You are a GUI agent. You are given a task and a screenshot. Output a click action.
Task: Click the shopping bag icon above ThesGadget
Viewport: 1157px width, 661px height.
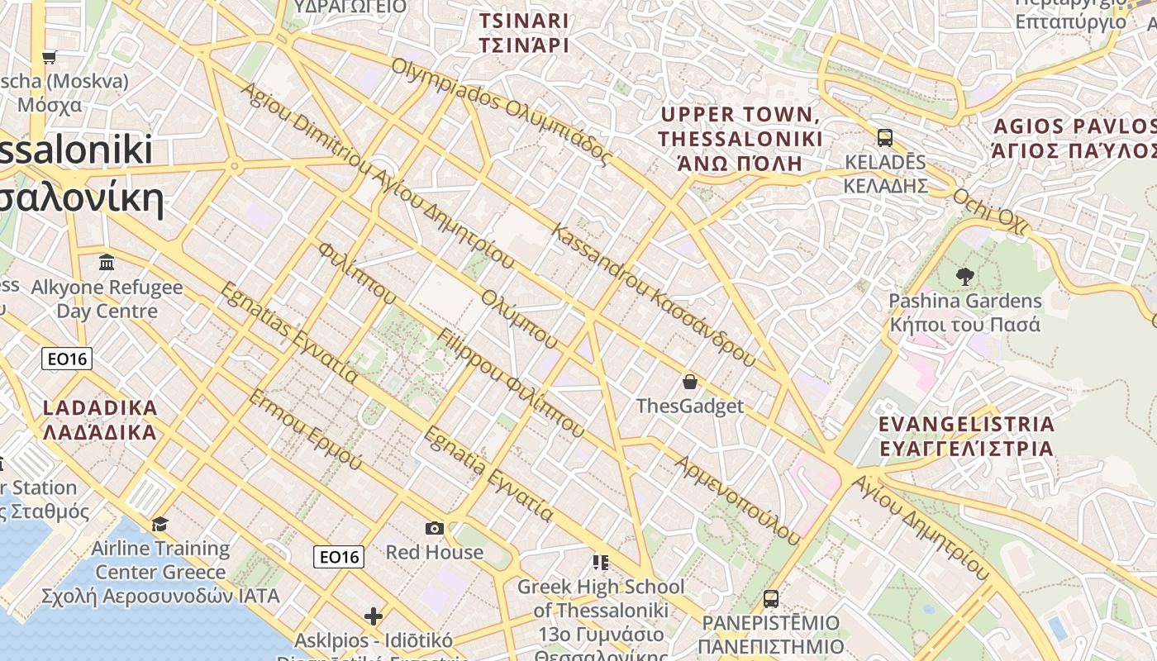click(x=690, y=382)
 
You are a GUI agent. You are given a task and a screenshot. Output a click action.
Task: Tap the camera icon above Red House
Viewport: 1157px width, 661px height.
click(x=434, y=528)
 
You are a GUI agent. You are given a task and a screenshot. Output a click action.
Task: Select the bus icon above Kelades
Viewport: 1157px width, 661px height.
click(x=884, y=137)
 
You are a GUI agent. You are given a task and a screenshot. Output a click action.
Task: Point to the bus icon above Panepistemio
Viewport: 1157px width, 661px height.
click(x=770, y=598)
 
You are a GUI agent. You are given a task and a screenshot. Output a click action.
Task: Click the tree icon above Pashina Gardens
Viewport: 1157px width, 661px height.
click(x=964, y=277)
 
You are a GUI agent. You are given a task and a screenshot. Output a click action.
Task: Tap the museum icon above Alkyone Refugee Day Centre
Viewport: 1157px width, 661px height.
click(x=107, y=263)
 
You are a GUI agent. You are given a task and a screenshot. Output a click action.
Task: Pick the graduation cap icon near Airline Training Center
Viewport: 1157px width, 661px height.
click(x=160, y=524)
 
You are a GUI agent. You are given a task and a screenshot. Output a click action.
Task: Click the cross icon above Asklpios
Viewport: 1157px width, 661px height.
click(x=374, y=616)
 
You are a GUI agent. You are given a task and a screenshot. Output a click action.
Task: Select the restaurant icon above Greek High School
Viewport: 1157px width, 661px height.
click(x=600, y=563)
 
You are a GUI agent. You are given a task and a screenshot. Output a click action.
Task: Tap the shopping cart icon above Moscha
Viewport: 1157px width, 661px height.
click(x=49, y=57)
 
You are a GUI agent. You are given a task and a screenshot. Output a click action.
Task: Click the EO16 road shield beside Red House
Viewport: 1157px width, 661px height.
click(x=339, y=557)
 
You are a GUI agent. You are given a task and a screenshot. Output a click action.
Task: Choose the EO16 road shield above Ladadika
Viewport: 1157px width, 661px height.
click(x=67, y=359)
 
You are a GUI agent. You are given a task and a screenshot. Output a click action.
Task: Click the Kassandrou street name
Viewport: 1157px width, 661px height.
click(x=653, y=294)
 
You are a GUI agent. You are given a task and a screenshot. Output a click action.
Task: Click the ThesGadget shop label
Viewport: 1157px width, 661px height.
click(x=690, y=406)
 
